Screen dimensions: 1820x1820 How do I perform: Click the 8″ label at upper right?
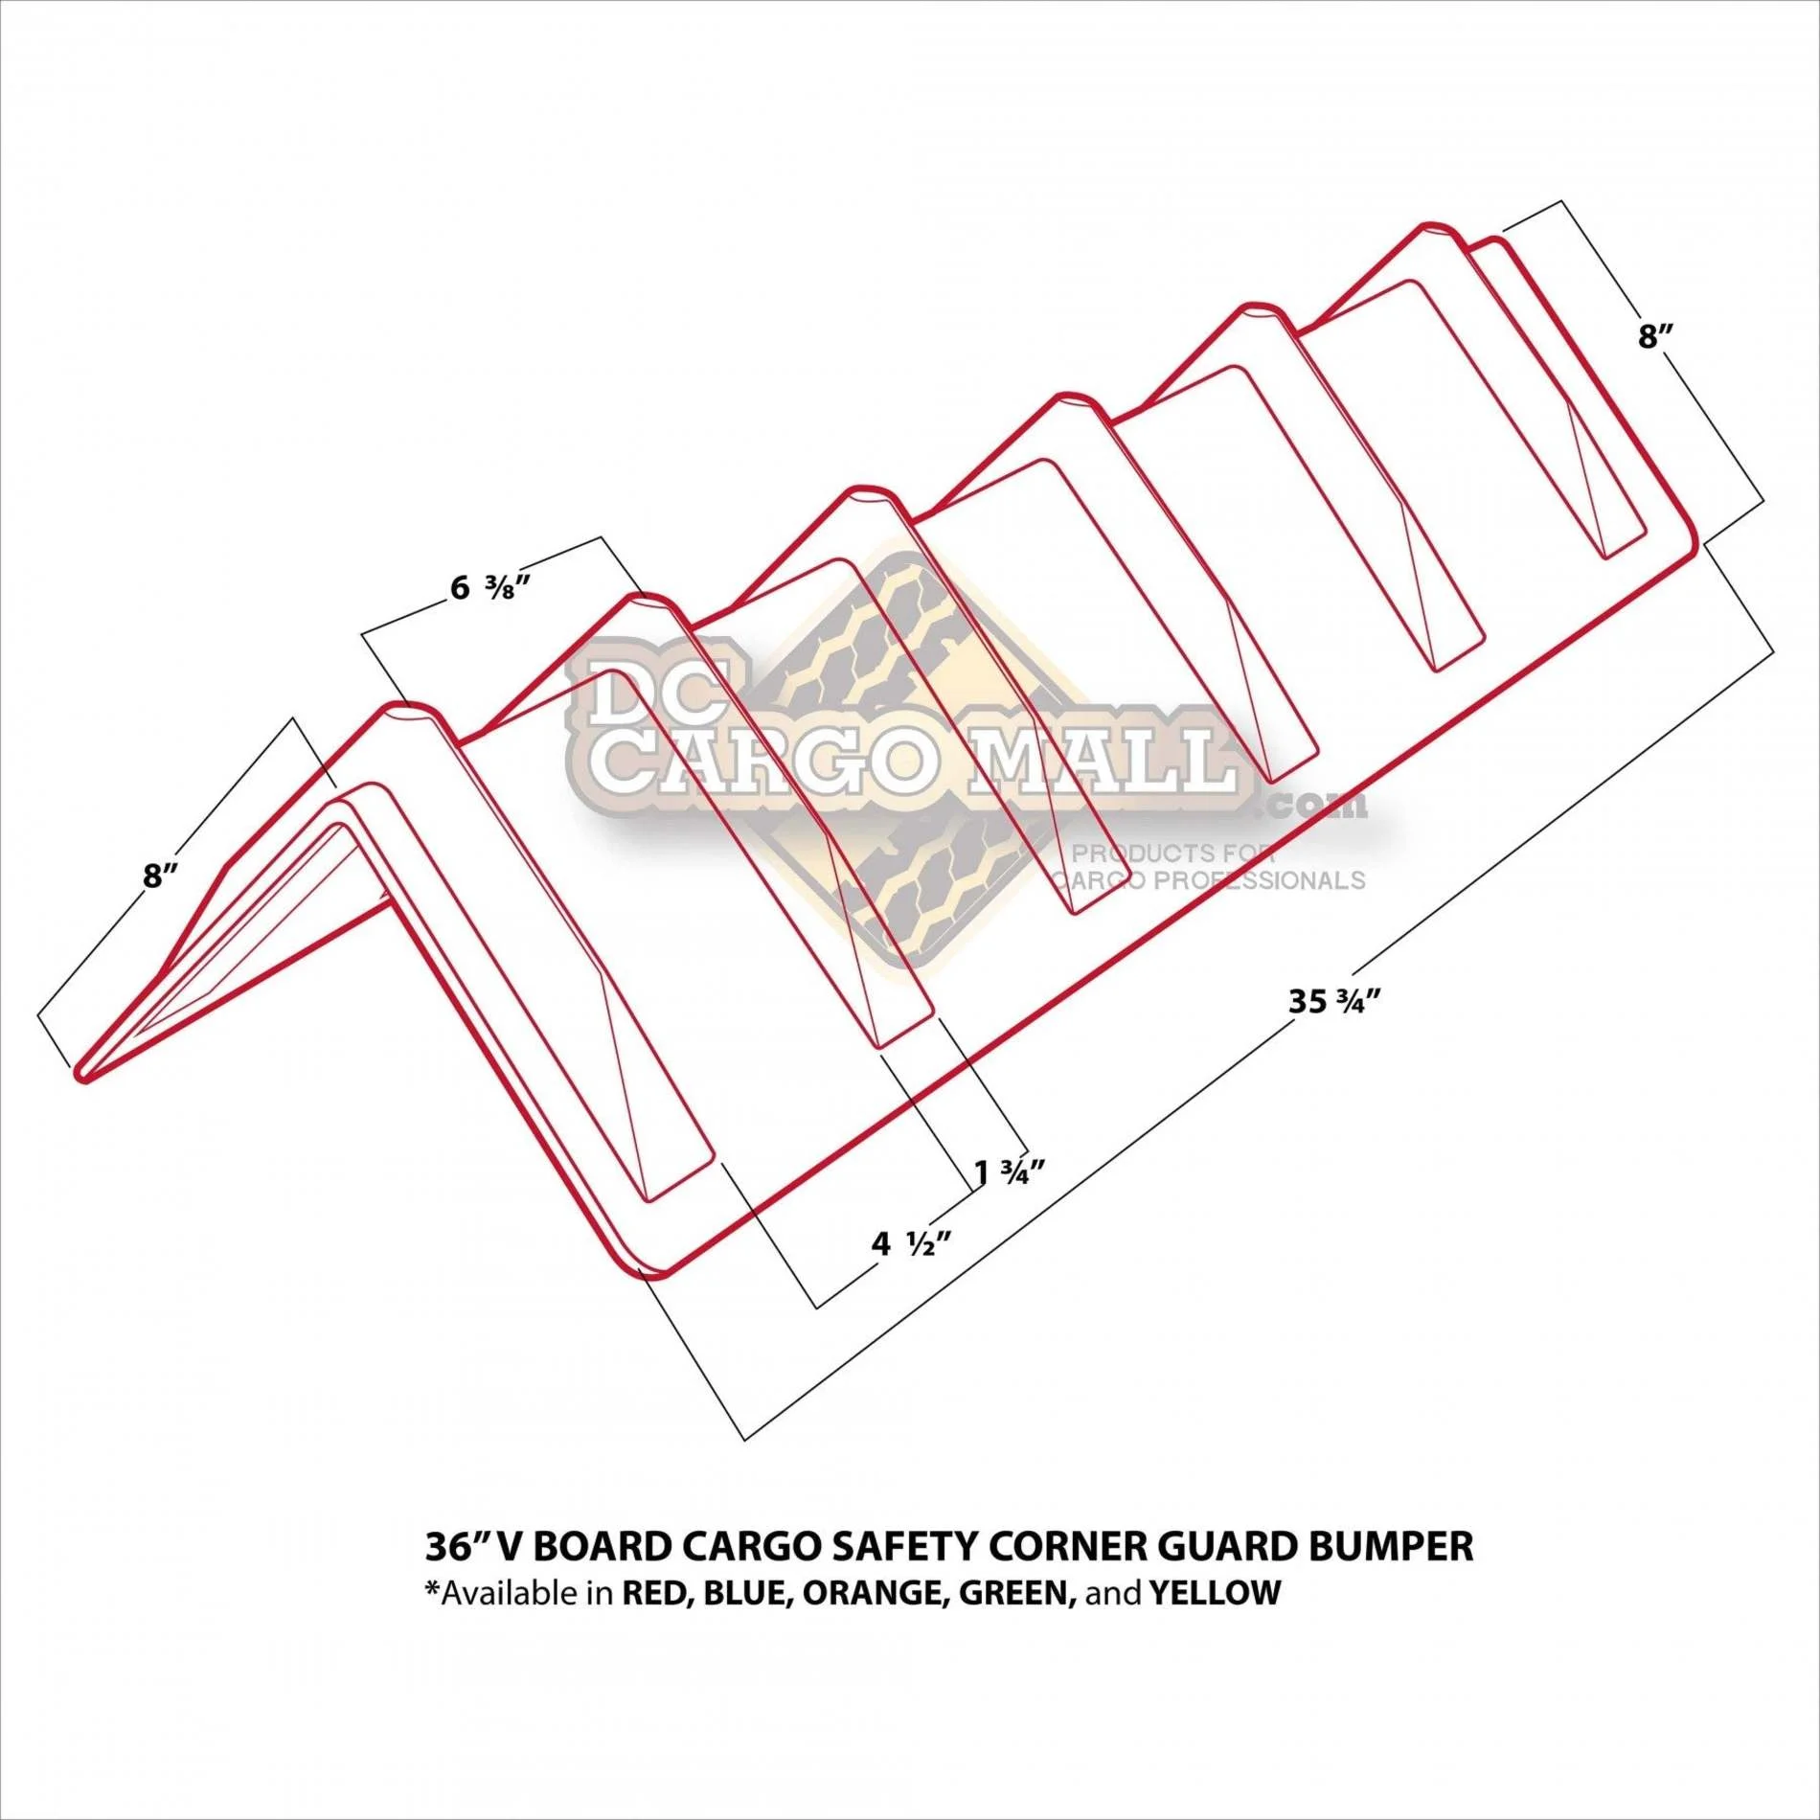(x=1654, y=337)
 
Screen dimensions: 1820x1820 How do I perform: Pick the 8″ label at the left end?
(x=161, y=876)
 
